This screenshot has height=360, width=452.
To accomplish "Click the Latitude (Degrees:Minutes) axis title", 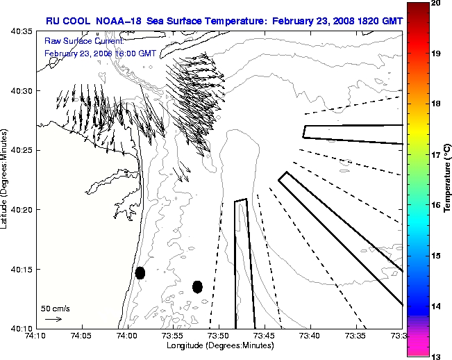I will (x=6, y=180).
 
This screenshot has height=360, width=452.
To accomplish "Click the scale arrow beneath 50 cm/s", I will (x=53, y=319).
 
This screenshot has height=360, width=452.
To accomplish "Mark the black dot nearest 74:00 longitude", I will (x=140, y=272).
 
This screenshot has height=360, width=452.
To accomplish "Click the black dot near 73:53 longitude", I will (x=197, y=286).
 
